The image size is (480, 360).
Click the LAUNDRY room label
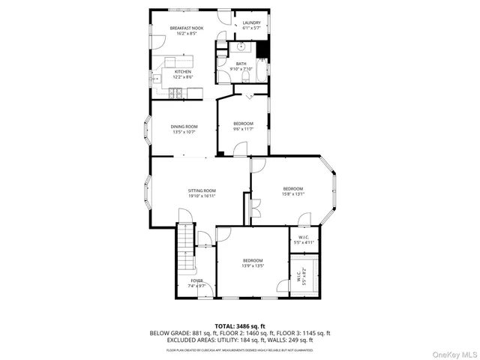pos(251,23)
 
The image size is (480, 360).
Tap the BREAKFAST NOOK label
pos(166,27)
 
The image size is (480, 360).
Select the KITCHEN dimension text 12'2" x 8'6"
pos(172,76)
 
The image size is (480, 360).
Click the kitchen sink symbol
pos(158,77)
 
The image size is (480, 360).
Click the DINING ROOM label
pos(183,127)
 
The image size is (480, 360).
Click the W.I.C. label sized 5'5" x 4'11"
pos(304,242)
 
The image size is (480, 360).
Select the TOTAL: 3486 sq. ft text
pos(240,326)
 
